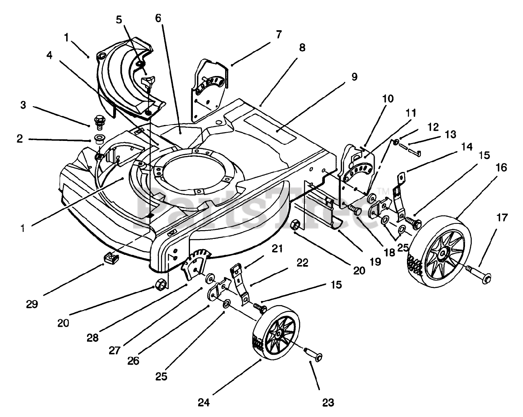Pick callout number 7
click(278, 35)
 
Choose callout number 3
click(23, 105)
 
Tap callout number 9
click(354, 76)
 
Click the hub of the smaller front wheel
click(278, 334)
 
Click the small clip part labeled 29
click(111, 257)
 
